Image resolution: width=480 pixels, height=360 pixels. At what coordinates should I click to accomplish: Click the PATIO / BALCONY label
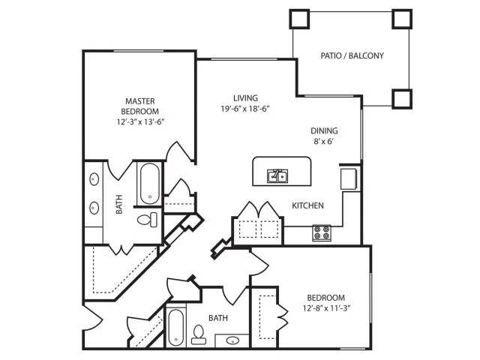(352, 55)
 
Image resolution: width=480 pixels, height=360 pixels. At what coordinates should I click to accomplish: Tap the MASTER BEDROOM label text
(140, 106)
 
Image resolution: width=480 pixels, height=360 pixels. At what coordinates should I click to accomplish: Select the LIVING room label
(245, 97)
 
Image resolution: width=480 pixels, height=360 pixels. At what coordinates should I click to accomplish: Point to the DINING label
(325, 130)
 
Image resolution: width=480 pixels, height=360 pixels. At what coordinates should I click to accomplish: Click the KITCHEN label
(307, 205)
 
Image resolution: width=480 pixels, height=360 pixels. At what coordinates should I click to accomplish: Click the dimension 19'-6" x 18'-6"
(245, 109)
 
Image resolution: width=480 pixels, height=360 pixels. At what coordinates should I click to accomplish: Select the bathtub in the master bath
(149, 184)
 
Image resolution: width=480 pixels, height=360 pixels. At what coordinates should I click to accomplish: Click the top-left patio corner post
(300, 18)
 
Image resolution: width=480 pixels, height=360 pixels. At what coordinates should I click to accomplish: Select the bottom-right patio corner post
(401, 98)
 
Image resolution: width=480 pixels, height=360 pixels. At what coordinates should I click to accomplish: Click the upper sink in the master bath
(95, 180)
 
